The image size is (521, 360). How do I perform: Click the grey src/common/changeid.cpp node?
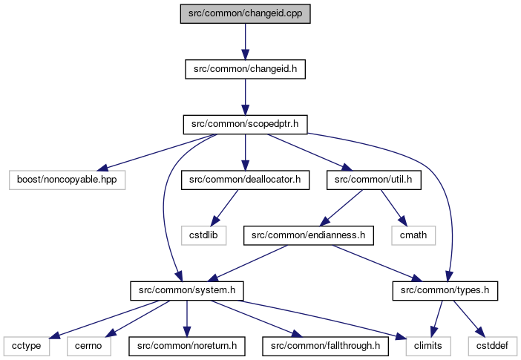click(x=245, y=13)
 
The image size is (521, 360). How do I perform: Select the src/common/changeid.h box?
click(x=245, y=69)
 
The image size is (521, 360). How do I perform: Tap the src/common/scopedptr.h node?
click(x=245, y=124)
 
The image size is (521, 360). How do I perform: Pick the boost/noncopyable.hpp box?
click(x=67, y=180)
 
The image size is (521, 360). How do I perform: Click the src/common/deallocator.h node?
click(x=245, y=180)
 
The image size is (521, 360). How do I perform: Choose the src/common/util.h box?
click(x=374, y=180)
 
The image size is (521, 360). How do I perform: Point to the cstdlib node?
click(x=203, y=235)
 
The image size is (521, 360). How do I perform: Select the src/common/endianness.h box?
click(x=308, y=235)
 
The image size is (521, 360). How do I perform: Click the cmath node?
click(x=413, y=235)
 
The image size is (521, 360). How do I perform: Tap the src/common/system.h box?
click(x=187, y=290)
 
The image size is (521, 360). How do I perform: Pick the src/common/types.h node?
click(x=445, y=290)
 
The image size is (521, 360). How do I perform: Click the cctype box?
click(x=27, y=346)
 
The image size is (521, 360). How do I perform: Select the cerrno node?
click(x=89, y=346)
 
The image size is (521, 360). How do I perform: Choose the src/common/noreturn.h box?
click(x=187, y=346)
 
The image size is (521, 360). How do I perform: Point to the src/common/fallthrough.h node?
click(x=325, y=346)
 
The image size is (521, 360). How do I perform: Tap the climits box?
click(x=428, y=346)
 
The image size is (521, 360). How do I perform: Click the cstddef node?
click(x=492, y=346)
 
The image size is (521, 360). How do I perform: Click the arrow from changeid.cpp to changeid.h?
click(x=245, y=42)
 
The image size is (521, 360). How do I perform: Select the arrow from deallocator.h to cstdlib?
click(x=225, y=208)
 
